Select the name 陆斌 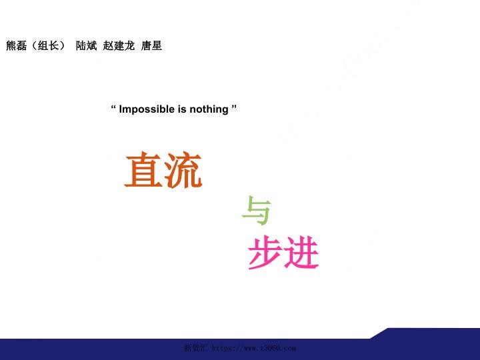(86, 45)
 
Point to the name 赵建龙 (119, 45)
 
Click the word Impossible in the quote (147, 109)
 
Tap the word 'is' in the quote (182, 109)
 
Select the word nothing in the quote (209, 109)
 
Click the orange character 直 (143, 170)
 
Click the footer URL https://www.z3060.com (253, 348)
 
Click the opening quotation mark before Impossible (113, 107)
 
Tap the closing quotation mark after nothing (234, 107)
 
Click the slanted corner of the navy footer (380, 333)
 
